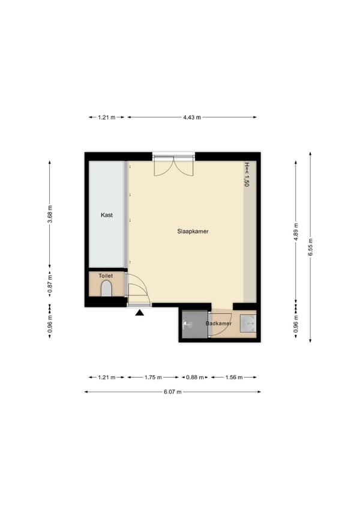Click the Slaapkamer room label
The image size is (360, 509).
193,232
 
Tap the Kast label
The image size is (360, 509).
107,215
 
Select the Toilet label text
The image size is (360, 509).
106,276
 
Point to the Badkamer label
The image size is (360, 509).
219,324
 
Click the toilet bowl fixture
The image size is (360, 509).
106,289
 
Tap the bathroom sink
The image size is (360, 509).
248,324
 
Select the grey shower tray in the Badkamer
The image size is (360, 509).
195,324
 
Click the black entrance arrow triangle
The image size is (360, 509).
140,313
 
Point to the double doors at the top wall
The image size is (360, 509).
173,166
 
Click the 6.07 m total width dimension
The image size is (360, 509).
173,392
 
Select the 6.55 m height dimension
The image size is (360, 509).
310,247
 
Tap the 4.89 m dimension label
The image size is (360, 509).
296,232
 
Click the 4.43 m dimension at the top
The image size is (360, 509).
192,117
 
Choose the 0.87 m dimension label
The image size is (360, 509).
50,284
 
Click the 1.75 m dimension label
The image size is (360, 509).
153,377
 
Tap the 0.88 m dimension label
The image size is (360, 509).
195,377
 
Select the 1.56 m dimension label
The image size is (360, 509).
234,377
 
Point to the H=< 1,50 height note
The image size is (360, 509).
247,174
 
